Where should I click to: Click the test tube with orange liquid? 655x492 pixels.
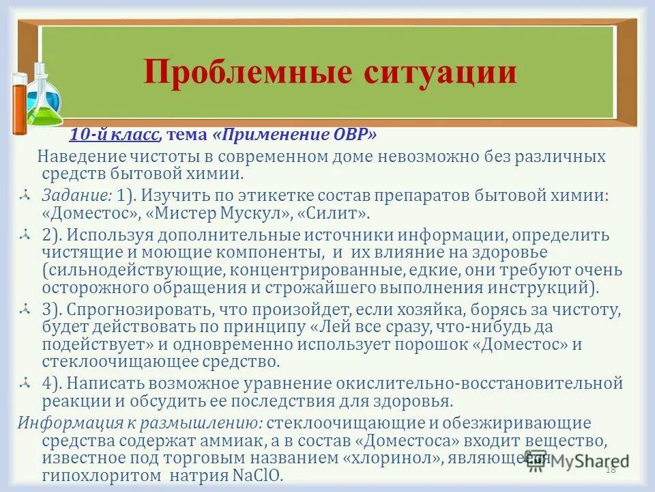click(x=19, y=102)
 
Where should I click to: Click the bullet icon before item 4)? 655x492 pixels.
click(x=25, y=381)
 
